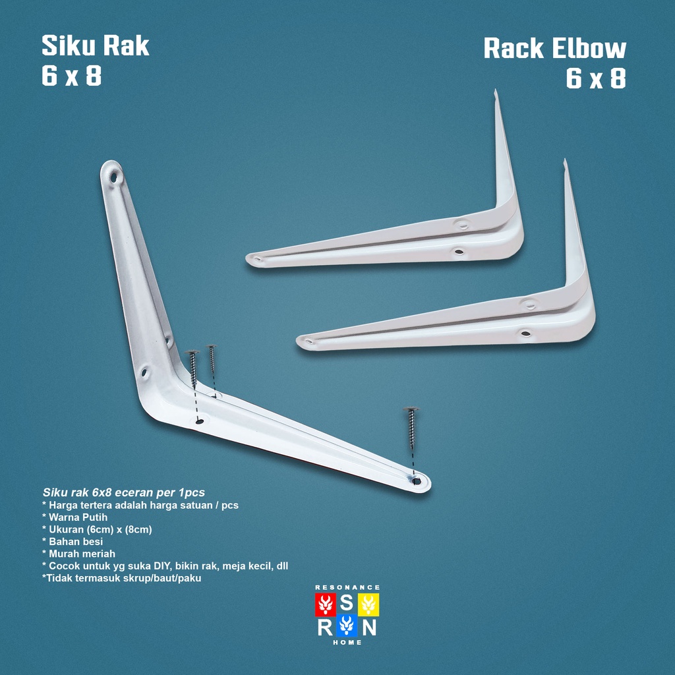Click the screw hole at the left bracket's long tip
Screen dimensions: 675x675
pos(417,481)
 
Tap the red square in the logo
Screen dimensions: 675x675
pos(326,604)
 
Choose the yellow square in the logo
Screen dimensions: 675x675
pos(368,604)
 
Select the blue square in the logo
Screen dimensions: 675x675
pos(347,626)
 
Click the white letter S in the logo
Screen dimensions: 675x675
pos(347,604)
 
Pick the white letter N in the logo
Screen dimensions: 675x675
pos(369,626)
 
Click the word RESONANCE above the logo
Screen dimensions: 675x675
pos(347,587)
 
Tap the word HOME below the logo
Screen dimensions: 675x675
pos(347,643)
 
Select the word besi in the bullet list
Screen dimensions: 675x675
pos(91,542)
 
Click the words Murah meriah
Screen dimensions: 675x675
pos(82,554)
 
